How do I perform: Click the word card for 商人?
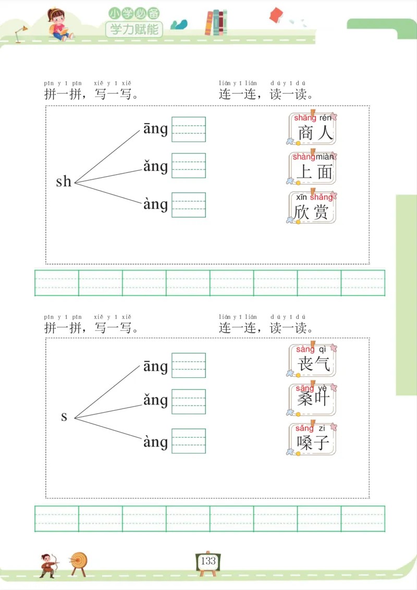pyautogui.click(x=312, y=128)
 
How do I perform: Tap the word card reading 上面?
pyautogui.click(x=312, y=168)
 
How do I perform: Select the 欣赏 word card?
pyautogui.click(x=312, y=207)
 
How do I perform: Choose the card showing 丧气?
pyautogui.click(x=312, y=360)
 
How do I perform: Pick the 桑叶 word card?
pyautogui.click(x=312, y=399)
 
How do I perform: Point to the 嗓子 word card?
pyautogui.click(x=312, y=439)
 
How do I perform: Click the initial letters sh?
pyautogui.click(x=64, y=181)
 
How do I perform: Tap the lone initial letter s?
pyautogui.click(x=64, y=416)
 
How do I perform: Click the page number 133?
pyautogui.click(x=208, y=561)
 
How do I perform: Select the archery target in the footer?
pyautogui.click(x=79, y=561)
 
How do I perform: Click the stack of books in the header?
pyautogui.click(x=216, y=23)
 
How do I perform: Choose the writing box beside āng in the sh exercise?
pyautogui.click(x=189, y=129)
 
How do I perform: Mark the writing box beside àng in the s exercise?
pyautogui.click(x=189, y=441)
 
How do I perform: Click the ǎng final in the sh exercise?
pyautogui.click(x=155, y=166)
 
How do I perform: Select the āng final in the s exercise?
pyautogui.click(x=155, y=366)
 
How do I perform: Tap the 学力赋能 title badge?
pyautogui.click(x=134, y=29)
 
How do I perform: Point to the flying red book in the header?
pyautogui.click(x=276, y=15)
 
